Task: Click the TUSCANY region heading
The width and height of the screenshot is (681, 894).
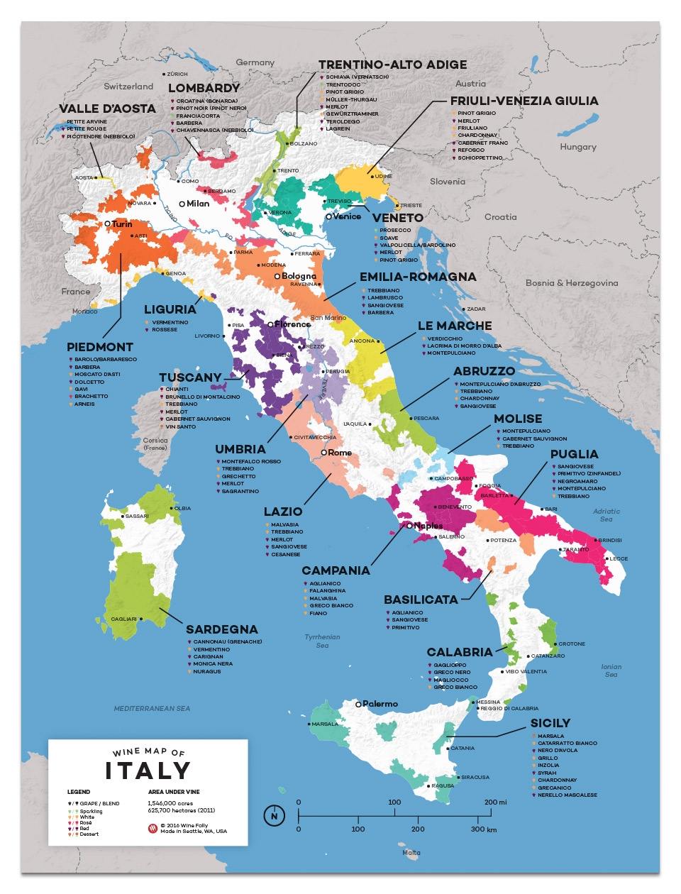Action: pyautogui.click(x=190, y=377)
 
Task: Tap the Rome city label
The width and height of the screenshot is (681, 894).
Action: pyautogui.click(x=340, y=453)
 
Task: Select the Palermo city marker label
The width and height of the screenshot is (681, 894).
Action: pyautogui.click(x=380, y=704)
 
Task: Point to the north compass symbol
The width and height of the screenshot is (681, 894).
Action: pyautogui.click(x=275, y=816)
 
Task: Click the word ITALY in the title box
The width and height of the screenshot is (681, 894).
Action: pyautogui.click(x=148, y=771)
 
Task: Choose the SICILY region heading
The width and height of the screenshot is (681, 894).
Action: pyautogui.click(x=550, y=723)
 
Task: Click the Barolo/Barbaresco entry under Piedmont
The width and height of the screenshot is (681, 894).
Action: pyautogui.click(x=106, y=360)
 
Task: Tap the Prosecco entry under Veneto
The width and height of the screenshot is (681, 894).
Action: pyautogui.click(x=395, y=230)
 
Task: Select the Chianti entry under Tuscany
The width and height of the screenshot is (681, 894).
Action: pyautogui.click(x=177, y=389)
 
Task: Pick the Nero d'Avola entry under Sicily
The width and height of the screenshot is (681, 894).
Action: pyautogui.click(x=558, y=751)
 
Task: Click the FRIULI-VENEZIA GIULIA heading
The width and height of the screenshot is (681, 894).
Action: pyautogui.click(x=524, y=101)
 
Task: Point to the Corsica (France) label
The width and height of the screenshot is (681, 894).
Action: pyautogui.click(x=155, y=443)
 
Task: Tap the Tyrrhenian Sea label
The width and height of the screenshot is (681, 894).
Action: pyautogui.click(x=322, y=641)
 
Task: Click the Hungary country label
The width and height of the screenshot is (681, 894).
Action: pyautogui.click(x=578, y=147)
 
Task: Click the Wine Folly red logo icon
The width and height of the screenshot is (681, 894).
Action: pyautogui.click(x=153, y=828)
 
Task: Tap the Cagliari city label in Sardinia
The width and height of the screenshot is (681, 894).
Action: pyautogui.click(x=123, y=619)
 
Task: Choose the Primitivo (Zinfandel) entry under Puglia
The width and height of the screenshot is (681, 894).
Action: pyautogui.click(x=589, y=473)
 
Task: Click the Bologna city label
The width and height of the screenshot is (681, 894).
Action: pyautogui.click(x=299, y=276)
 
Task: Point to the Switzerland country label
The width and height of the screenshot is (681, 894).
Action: pyautogui.click(x=128, y=87)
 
